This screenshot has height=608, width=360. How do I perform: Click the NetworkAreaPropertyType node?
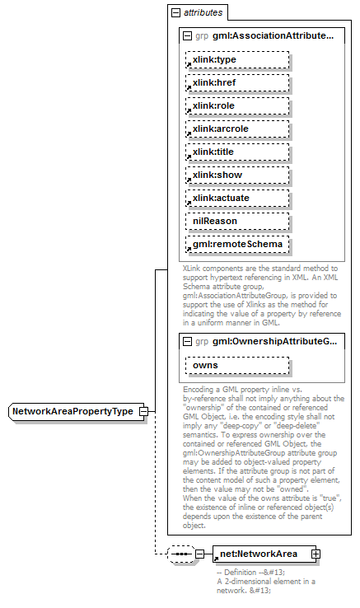click(x=72, y=411)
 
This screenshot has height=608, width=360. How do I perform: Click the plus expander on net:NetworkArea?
click(x=316, y=554)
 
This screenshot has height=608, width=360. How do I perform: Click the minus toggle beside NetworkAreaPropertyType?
click(x=143, y=411)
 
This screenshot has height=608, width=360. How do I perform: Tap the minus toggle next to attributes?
click(x=175, y=13)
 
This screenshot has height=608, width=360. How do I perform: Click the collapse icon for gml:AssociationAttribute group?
click(x=187, y=36)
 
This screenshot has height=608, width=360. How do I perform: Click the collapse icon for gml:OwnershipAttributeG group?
click(x=187, y=341)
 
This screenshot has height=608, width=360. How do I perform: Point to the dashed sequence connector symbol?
click(x=180, y=554)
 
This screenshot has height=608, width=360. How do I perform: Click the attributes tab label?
click(x=202, y=13)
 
